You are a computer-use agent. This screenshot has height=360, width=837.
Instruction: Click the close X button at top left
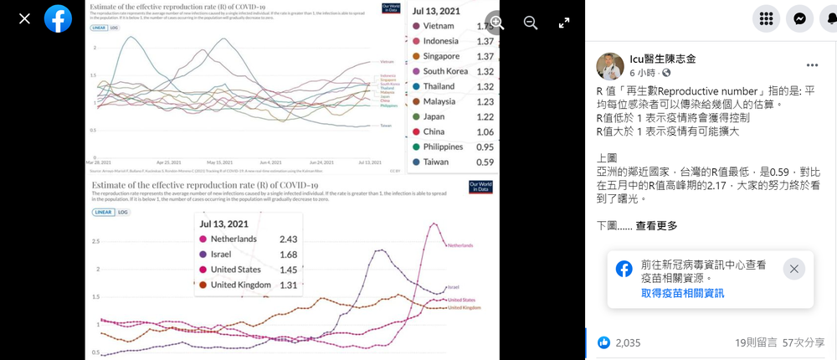click(24, 18)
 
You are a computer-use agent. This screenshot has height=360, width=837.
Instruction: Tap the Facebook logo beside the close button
click(58, 18)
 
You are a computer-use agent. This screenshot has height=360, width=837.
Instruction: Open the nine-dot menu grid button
click(765, 18)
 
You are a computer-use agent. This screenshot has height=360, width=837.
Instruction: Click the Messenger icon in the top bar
click(800, 18)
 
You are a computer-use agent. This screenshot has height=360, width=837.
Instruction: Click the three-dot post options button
click(812, 64)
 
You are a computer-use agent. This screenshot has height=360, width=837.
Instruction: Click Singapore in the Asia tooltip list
click(442, 56)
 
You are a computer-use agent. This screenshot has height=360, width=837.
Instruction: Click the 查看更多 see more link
click(656, 225)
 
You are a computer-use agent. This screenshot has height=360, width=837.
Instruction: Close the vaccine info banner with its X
click(794, 269)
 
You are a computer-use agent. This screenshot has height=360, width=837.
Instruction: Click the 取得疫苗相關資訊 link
click(682, 293)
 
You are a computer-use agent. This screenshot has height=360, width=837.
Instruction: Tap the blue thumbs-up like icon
click(603, 342)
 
